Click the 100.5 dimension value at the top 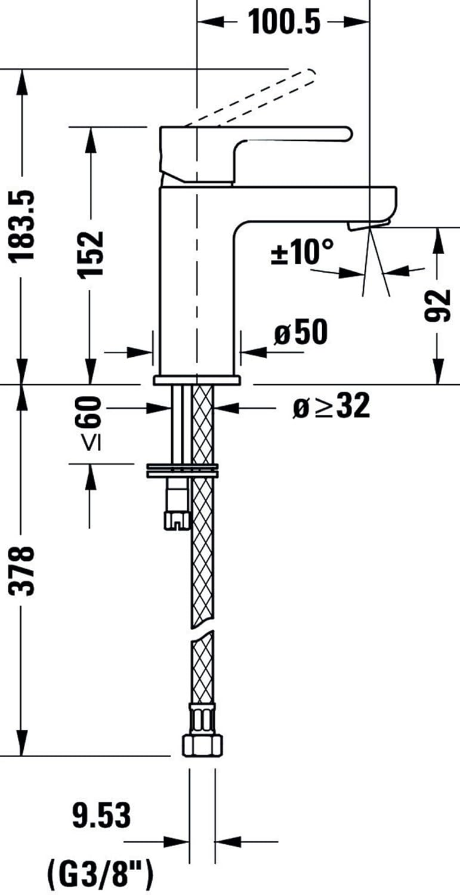pyautogui.click(x=283, y=23)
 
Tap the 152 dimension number pyautogui.click(x=91, y=253)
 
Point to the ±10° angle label pyautogui.click(x=302, y=252)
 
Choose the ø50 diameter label pyautogui.click(x=301, y=333)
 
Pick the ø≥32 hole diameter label pyautogui.click(x=331, y=408)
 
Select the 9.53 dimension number pyautogui.click(x=101, y=816)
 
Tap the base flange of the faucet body pyautogui.click(x=196, y=379)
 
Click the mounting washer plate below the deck pyautogui.click(x=182, y=470)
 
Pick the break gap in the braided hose pyautogui.click(x=201, y=632)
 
